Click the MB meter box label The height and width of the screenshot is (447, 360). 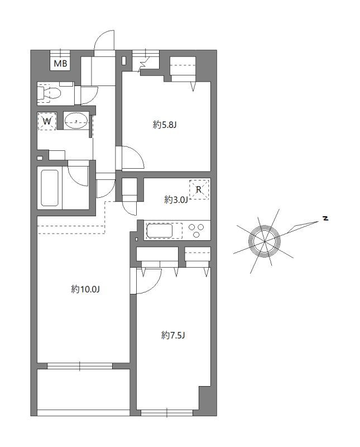tap(60, 63)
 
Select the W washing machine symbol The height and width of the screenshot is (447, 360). tap(47, 121)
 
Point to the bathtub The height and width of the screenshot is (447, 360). tap(50, 188)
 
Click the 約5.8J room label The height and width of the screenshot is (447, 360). tap(165, 125)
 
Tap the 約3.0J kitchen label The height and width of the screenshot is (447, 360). tap(176, 199)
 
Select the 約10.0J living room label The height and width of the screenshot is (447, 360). tap(85, 289)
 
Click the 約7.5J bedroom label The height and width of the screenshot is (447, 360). tap(173, 335)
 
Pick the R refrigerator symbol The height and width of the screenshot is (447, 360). tap(199, 189)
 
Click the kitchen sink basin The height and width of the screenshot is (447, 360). tap(159, 231)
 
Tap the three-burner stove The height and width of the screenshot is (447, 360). tap(196, 230)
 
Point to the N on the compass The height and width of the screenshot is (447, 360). tap(325, 218)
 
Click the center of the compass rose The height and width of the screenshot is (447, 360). tap(265, 241)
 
